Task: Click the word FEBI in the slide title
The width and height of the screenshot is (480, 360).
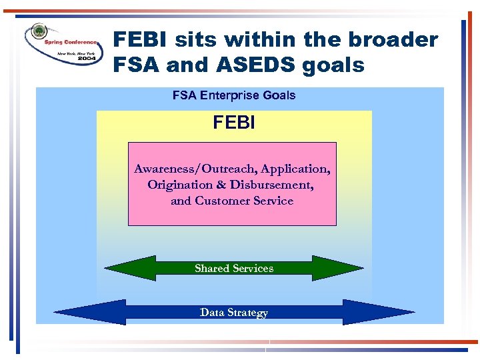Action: (x=141, y=40)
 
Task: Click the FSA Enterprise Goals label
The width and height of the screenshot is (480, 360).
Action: (x=233, y=95)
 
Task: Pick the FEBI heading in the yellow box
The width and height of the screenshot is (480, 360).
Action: (x=234, y=123)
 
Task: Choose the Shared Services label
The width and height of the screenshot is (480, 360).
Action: (x=234, y=269)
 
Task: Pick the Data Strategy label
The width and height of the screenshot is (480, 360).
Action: (x=234, y=313)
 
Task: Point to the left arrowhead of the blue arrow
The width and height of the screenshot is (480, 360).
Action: (x=87, y=312)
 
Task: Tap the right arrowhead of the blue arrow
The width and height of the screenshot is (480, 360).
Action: (x=380, y=312)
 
